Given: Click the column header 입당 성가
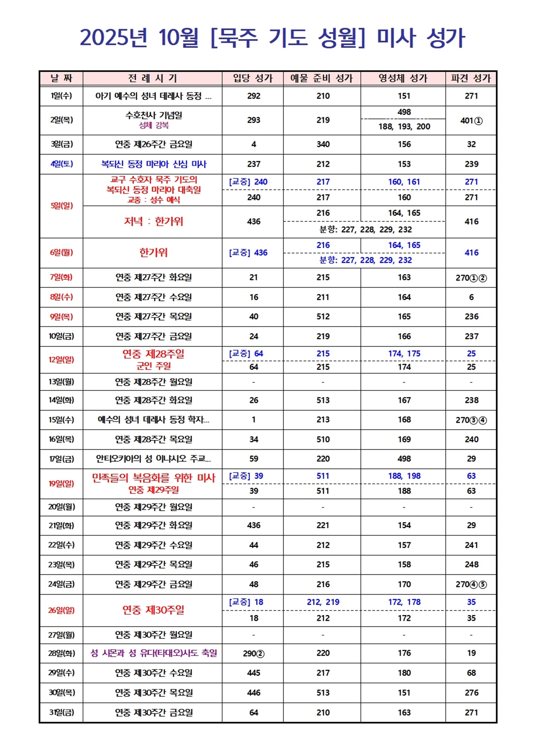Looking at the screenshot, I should point(253,78).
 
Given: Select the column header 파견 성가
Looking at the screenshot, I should point(471,78).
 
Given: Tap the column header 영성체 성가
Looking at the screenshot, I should point(403,78).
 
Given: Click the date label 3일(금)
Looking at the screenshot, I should point(61,144).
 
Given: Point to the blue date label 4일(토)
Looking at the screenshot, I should point(61,164).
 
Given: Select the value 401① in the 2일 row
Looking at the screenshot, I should point(471,121).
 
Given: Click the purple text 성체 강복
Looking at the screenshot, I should point(154,125).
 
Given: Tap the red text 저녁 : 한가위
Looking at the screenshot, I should point(154,222).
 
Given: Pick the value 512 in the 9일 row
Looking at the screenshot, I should point(323,316).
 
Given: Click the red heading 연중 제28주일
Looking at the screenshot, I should point(154,354).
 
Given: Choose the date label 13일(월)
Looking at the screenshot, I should point(61,382).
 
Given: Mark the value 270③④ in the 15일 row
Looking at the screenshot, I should point(471,420).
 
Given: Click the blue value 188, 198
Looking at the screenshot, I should point(404,476).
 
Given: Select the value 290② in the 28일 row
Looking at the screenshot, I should point(254,653).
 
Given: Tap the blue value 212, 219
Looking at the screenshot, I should point(323,602).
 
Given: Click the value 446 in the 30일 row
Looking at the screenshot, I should point(254,693).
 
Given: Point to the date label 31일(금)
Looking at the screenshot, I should point(61,713).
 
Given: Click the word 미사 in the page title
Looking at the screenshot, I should point(396,37).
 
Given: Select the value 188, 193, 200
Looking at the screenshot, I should point(404,126).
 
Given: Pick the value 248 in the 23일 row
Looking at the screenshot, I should point(471,564).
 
